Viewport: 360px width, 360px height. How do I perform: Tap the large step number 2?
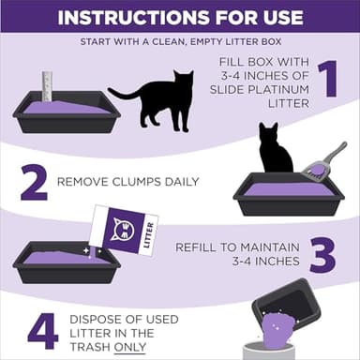click(x=34, y=183)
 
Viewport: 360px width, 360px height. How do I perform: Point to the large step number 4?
click(x=42, y=329)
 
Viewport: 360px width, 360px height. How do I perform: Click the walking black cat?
click(x=155, y=97)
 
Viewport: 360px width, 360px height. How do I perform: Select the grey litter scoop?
click(x=323, y=161)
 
